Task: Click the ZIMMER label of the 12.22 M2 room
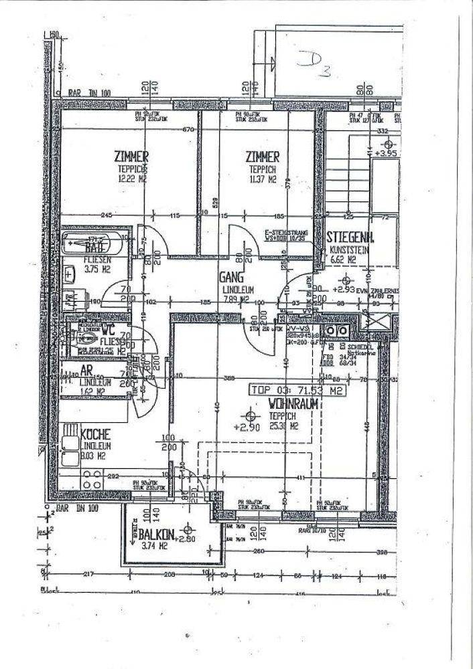click(131, 157)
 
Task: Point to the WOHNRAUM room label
click(293, 404)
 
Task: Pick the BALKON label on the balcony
click(157, 535)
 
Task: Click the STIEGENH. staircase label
click(350, 237)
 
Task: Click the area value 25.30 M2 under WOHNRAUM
click(284, 424)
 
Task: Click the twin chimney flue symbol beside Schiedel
click(336, 330)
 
